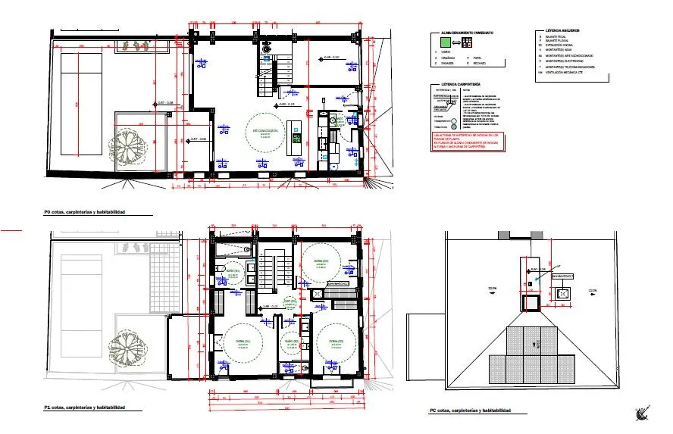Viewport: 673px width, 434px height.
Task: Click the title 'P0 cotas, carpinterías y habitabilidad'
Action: pos(95,213)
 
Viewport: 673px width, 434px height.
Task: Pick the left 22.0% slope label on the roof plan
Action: pos(493,289)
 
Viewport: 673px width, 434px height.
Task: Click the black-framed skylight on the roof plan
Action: pos(530,302)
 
